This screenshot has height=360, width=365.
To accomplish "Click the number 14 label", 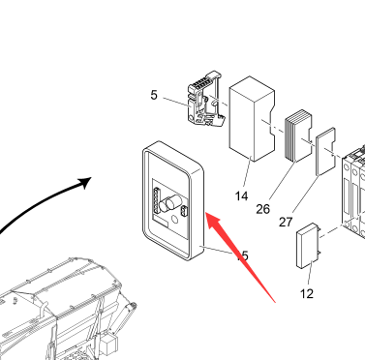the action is pyautogui.click(x=241, y=196).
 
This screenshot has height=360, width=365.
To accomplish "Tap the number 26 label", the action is pyautogui.click(x=262, y=209).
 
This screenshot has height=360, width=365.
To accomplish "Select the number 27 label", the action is pyautogui.click(x=286, y=223).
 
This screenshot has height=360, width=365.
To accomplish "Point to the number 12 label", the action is pyautogui.click(x=307, y=294).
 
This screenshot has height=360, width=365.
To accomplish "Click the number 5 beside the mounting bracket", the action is pyautogui.click(x=154, y=95).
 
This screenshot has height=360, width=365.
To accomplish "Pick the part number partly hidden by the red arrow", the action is pyautogui.click(x=244, y=255).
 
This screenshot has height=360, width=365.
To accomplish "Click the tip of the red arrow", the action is pyautogui.click(x=206, y=213).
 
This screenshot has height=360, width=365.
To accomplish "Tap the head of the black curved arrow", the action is pyautogui.click(x=85, y=182).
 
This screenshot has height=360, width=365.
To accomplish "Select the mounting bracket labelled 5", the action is pyautogui.click(x=204, y=100).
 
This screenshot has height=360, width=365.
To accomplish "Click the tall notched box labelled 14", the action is pyautogui.click(x=252, y=119).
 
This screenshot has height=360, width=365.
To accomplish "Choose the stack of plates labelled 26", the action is pyautogui.click(x=298, y=135).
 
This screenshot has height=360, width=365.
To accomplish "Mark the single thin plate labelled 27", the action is pyautogui.click(x=325, y=151).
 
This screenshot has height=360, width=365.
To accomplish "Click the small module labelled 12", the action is pyautogui.click(x=307, y=246).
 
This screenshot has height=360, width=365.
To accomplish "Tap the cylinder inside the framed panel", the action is pyautogui.click(x=170, y=204).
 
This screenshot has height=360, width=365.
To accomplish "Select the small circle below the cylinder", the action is pyautogui.click(x=175, y=220).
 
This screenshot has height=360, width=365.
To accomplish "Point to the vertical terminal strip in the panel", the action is pyautogui.click(x=156, y=200).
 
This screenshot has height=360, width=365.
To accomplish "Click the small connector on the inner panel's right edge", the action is pyautogui.click(x=184, y=211).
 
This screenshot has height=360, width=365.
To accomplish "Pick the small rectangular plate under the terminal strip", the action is pyautogui.click(x=161, y=222).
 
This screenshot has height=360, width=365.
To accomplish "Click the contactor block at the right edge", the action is pyautogui.click(x=352, y=191).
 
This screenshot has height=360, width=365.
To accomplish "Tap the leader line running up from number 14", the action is pyautogui.click(x=247, y=172).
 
